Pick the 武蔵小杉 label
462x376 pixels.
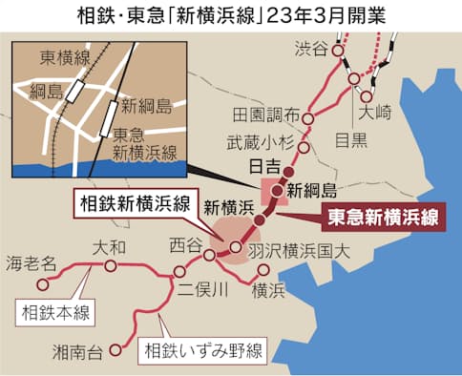(x=257, y=142)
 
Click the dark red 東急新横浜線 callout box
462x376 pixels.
(x=382, y=216)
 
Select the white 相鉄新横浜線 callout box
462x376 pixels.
(x=135, y=202)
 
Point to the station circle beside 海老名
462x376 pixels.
(x=42, y=283)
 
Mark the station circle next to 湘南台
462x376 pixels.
(x=115, y=348)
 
